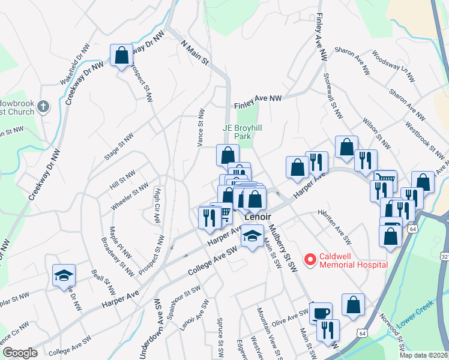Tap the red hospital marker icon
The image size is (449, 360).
click(x=310, y=260)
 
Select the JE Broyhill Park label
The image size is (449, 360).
click(x=244, y=132)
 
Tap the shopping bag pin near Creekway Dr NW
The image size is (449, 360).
click(x=122, y=56)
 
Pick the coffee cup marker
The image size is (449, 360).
click(x=321, y=312)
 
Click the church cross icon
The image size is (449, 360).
click(x=42, y=107)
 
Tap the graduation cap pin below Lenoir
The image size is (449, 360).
click(x=252, y=236)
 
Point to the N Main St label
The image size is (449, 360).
click(x=194, y=52)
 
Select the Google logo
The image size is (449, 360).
click(x=19, y=353)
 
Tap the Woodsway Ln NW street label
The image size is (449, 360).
click(x=393, y=67)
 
